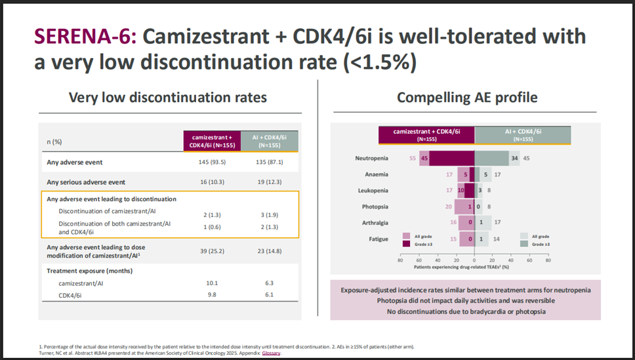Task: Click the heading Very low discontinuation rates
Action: (168, 98)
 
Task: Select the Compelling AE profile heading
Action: (466, 98)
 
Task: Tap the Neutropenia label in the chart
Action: (371, 159)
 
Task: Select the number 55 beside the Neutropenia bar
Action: (413, 159)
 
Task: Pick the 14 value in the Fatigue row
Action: (497, 239)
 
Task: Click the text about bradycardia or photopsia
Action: (466, 311)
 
